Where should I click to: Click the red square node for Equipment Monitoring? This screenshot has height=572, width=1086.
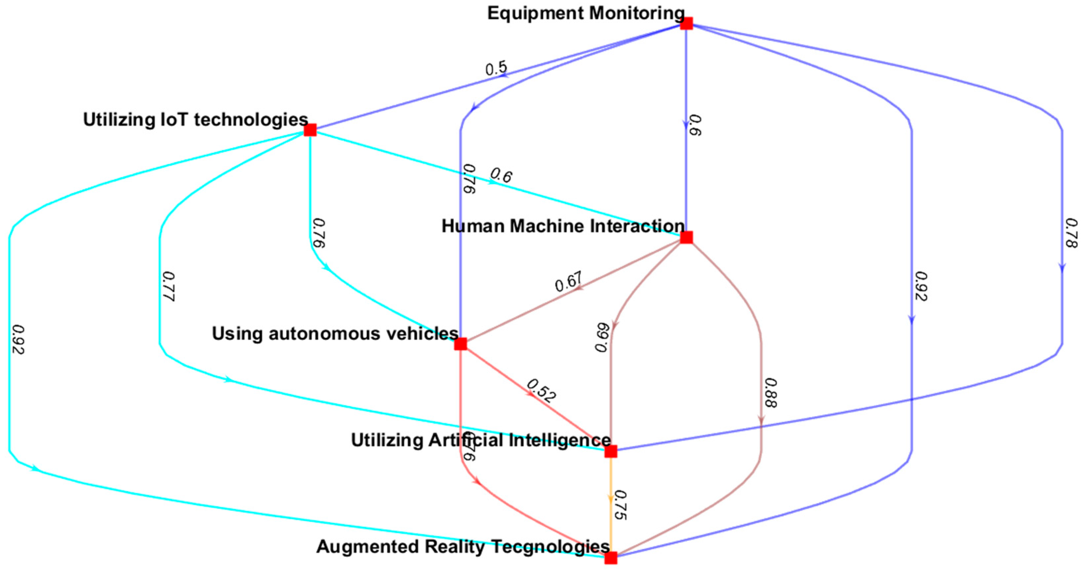coord(686,24)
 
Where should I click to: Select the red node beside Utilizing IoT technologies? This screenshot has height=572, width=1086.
coord(310,130)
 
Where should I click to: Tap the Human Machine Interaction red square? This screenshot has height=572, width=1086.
coord(686,238)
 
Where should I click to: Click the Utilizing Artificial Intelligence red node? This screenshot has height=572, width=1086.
coord(611,452)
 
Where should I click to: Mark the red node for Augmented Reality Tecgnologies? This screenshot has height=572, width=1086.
coord(611,558)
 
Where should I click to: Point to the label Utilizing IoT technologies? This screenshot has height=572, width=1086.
coord(195,120)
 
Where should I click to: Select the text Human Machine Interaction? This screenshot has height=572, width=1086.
coord(563,226)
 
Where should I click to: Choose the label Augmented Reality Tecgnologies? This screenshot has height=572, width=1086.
coord(463,547)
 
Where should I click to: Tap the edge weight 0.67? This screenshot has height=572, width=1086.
coord(569,282)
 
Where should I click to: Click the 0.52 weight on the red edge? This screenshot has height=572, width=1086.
coord(541,391)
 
